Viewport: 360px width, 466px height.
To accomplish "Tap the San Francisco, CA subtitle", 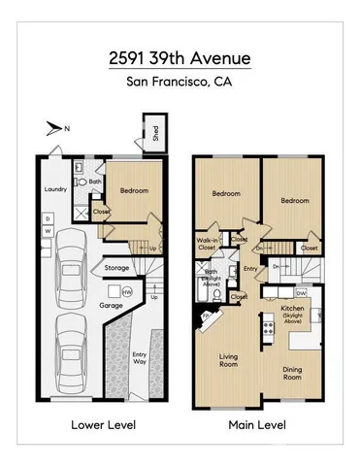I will (180, 83).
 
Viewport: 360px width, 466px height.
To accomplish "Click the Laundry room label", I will (54, 190).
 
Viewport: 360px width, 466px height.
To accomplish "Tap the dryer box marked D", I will (48, 217).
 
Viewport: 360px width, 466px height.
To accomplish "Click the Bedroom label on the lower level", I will (133, 190).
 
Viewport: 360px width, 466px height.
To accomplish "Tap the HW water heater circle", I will (126, 290).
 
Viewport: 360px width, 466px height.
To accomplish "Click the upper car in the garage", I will (70, 264).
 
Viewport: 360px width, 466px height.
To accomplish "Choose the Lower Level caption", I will (104, 424).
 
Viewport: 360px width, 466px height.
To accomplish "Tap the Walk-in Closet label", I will (207, 245).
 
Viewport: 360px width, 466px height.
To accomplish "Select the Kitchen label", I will (293, 310).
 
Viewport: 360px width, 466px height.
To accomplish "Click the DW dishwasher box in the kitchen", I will (301, 293).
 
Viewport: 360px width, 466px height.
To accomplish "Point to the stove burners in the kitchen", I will (267, 331).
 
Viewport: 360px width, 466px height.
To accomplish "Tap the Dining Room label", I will (292, 373).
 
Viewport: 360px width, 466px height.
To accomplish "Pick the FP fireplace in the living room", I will (206, 316).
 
